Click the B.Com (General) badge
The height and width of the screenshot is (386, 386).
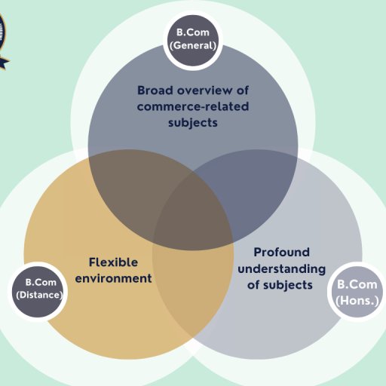(x=193, y=41)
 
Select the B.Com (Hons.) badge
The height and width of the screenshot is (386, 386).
(x=357, y=292)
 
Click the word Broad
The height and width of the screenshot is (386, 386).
(x=155, y=90)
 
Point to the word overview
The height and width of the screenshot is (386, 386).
(x=204, y=90)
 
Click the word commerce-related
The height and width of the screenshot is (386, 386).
(x=193, y=106)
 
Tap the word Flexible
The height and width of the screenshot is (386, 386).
(x=113, y=262)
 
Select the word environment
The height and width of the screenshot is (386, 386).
(x=113, y=278)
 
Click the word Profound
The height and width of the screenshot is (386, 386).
(x=281, y=253)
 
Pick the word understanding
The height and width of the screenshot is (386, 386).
(x=282, y=269)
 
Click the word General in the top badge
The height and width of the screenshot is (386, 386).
(x=193, y=45)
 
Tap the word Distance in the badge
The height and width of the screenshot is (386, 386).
(x=39, y=295)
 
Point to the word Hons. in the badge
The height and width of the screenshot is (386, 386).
(x=357, y=301)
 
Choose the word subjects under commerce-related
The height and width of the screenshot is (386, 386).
(x=193, y=123)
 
